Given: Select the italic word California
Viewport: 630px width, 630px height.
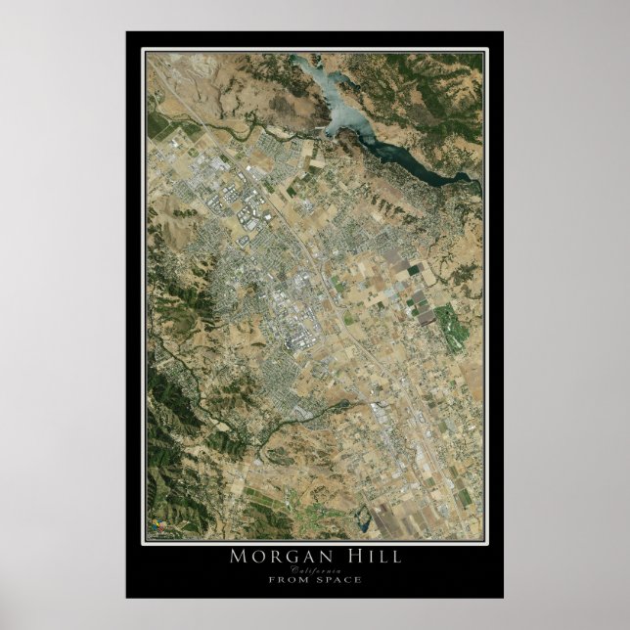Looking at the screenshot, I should pyautogui.click(x=315, y=568).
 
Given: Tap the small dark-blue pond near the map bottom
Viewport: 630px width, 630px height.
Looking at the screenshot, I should pyautogui.click(x=364, y=526).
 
